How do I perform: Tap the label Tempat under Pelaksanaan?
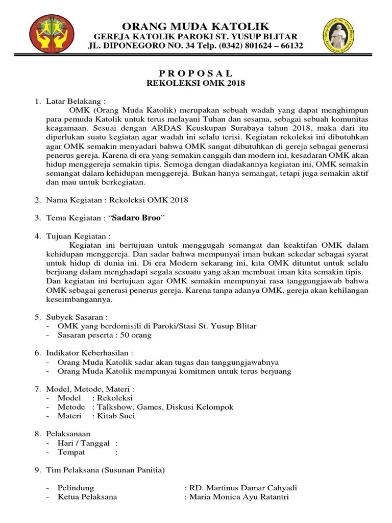(x=71, y=453)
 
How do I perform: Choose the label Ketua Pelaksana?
(x=87, y=497)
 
